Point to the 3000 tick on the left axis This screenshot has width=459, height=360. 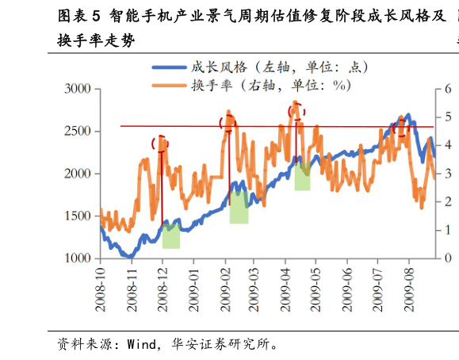[78, 89]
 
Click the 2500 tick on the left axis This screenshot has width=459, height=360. [78, 131]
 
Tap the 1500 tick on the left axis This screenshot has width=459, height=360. [78, 216]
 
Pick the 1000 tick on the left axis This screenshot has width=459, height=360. [78, 259]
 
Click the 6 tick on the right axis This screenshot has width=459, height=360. [448, 89]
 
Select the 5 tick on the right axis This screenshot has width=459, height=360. [448, 117]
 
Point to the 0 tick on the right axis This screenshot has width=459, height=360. [448, 259]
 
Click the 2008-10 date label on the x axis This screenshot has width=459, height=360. [101, 289]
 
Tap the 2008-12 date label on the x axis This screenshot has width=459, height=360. [163, 289]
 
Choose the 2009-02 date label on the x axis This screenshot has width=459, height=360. [224, 289]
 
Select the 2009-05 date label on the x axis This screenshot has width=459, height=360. [316, 289]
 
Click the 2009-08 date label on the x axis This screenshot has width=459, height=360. [409, 289]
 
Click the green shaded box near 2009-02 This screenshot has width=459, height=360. [239, 207]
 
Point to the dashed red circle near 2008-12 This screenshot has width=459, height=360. [160, 144]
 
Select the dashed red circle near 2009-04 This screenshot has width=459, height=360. [296, 110]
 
